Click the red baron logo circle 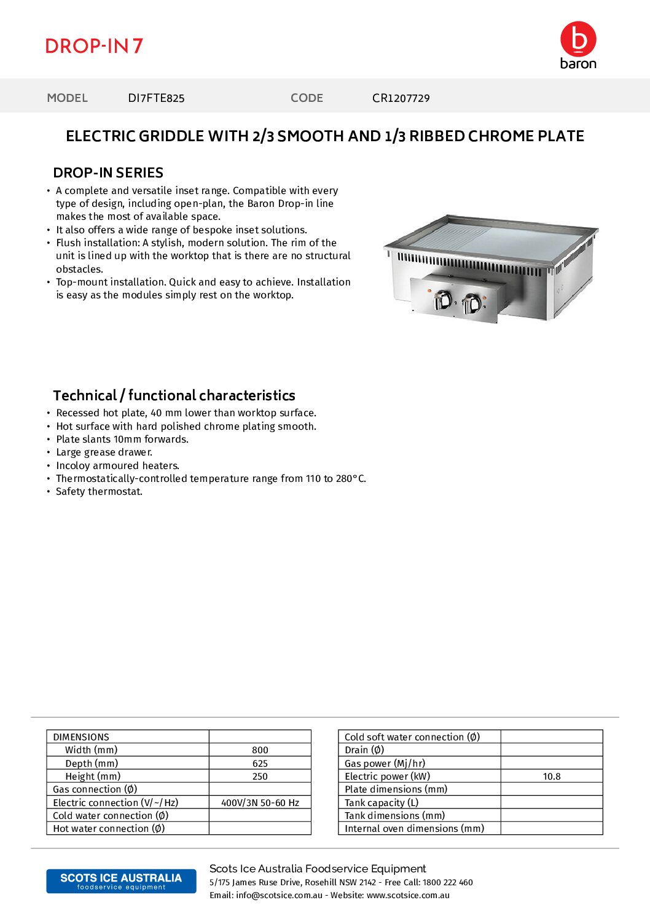(578, 39)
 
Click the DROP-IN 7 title (94, 46)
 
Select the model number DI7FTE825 (156, 98)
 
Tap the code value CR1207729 (401, 98)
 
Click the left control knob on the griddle (443, 300)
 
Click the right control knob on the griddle (472, 303)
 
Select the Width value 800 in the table (260, 750)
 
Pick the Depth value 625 (260, 764)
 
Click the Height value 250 (260, 777)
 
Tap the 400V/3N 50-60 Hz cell (260, 803)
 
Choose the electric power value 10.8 (552, 777)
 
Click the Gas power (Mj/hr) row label (385, 764)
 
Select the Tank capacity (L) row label (382, 803)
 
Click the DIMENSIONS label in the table (81, 737)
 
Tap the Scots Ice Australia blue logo (121, 881)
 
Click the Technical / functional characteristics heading (174, 395)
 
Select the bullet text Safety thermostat (99, 492)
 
